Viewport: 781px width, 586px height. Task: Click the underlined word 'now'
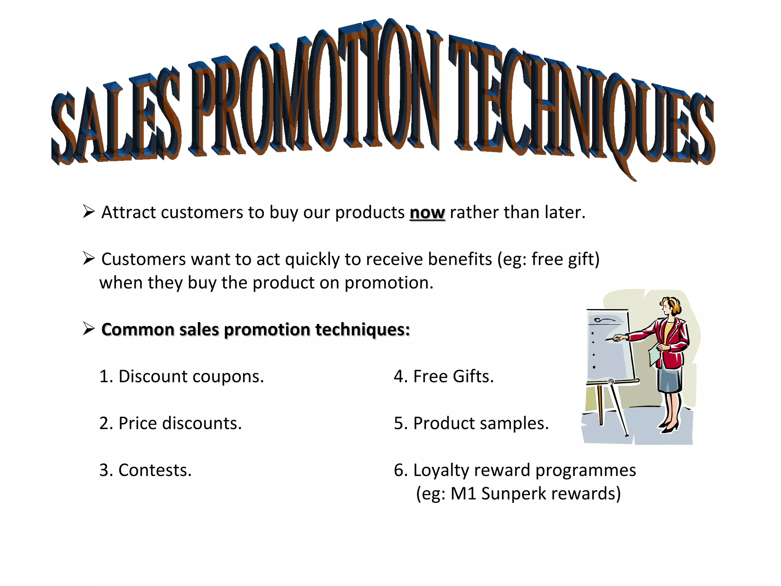coord(427,213)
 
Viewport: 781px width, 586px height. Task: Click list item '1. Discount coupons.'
coord(182,377)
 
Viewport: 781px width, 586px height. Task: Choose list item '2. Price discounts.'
coord(170,423)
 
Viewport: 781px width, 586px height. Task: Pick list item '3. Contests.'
coord(145,470)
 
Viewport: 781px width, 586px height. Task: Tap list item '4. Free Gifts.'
coord(444,377)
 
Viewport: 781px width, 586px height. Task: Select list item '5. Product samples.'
coord(471,423)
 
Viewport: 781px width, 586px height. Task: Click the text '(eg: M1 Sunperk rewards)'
coord(518,494)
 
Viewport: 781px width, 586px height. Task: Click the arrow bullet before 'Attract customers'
coord(88,211)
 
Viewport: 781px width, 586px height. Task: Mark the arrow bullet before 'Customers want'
coord(88,258)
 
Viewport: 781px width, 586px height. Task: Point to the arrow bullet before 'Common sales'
coord(88,328)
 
